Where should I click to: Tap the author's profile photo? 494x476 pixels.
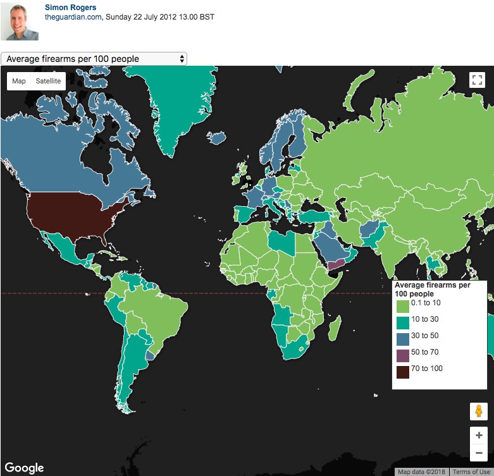tap(23, 21)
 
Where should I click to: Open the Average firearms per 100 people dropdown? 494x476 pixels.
tap(94, 59)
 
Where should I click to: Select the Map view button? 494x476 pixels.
tap(19, 81)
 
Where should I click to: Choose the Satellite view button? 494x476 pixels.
tap(48, 81)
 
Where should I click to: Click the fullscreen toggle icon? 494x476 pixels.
tap(477, 80)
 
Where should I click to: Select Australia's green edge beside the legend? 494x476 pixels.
tap(491, 345)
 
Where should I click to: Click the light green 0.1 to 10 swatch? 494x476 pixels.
tap(402, 307)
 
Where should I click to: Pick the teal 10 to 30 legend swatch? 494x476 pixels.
tap(402, 323)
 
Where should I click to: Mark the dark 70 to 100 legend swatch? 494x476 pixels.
tap(402, 372)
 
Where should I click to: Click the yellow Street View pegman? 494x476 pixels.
tap(478, 411)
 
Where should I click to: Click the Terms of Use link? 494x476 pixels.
tap(471, 472)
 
